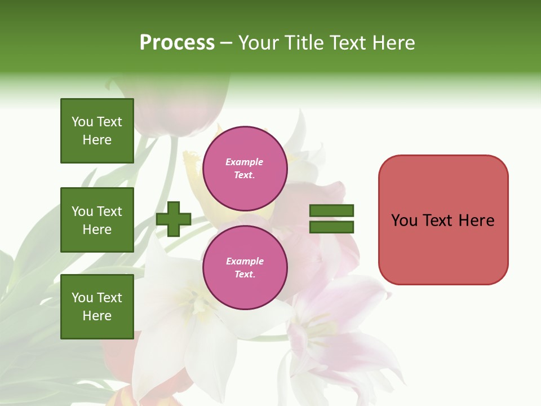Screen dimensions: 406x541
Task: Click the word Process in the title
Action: [177, 43]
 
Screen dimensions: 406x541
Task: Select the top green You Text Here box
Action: [97, 131]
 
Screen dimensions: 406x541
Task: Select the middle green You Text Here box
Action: [97, 220]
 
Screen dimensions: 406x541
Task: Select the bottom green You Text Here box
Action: [97, 306]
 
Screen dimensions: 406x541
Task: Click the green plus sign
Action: [174, 219]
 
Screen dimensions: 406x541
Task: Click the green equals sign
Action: [331, 219]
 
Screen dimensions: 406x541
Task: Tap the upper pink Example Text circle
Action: [245, 169]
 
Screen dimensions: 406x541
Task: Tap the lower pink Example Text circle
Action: [245, 268]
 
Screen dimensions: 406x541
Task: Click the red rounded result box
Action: [443, 220]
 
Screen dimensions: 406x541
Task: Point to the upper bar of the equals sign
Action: [331, 211]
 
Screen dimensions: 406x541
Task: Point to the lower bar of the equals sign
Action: [331, 227]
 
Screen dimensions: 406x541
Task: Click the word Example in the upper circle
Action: [245, 162]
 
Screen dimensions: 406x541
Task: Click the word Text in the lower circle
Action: [245, 275]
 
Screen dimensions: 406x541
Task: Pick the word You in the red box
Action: [404, 220]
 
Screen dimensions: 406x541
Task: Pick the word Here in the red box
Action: [476, 220]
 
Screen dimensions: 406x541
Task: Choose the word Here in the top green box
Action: [97, 140]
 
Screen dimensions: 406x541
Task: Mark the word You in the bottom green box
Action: [82, 298]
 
